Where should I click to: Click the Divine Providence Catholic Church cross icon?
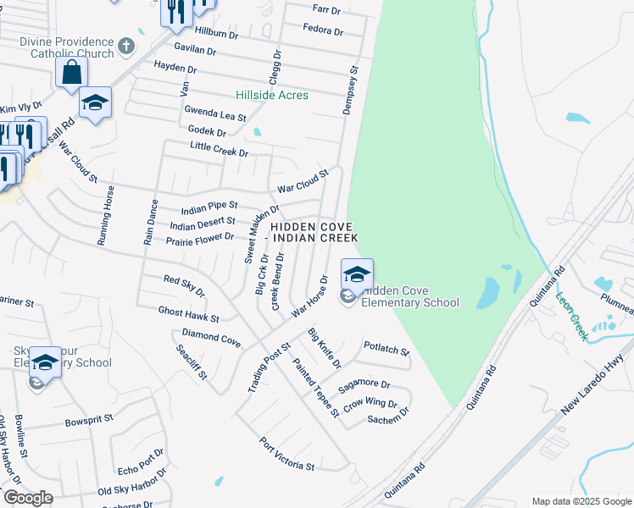tap(126, 46)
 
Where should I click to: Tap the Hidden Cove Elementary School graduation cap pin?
tap(358, 274)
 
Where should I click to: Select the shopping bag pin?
tap(72, 74)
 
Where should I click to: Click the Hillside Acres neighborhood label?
tap(272, 95)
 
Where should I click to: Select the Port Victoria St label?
tap(288, 455)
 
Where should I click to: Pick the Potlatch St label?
tap(386, 348)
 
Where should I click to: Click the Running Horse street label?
tap(106, 215)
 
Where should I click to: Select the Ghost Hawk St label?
tap(188, 315)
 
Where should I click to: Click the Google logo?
tap(28, 497)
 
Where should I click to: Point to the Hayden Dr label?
tap(175, 68)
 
